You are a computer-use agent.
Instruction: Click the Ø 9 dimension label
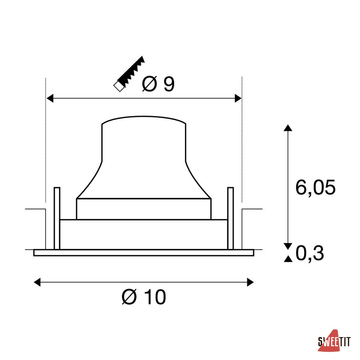(x=158, y=84)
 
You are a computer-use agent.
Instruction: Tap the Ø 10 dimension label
(x=144, y=297)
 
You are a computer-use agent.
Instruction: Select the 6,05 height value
(x=315, y=188)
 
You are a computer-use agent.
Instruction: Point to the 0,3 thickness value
(x=310, y=253)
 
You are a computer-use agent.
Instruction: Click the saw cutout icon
(x=129, y=74)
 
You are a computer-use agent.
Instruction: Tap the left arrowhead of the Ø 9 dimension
(x=50, y=98)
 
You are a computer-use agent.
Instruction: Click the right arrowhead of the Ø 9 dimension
(x=238, y=98)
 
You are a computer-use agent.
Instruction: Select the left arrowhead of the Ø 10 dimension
(x=37, y=282)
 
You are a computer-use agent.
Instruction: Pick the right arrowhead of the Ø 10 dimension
(x=250, y=282)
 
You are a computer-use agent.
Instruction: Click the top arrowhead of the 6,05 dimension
(x=288, y=128)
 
